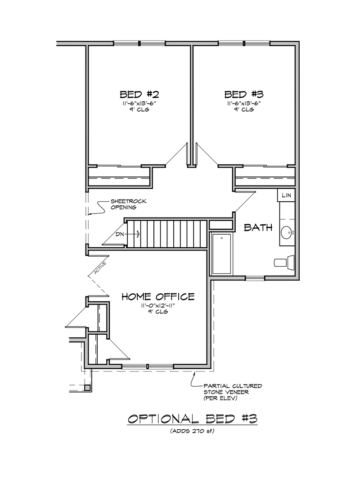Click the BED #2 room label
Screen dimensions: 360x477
[139, 94]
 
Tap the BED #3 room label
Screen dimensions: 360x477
[243, 94]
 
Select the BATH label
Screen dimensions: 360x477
[258, 227]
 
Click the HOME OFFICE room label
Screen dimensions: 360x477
[158, 296]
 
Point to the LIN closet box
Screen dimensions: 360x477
[286, 195]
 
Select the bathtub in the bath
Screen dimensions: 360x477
[221, 254]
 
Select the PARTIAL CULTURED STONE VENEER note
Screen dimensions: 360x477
[233, 392]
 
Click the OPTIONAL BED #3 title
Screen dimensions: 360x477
[193, 419]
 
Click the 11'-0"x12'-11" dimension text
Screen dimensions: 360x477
[158, 306]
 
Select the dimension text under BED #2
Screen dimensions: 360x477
[139, 104]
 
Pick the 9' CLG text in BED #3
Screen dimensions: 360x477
[243, 109]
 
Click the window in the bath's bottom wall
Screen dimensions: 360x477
[255, 278]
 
